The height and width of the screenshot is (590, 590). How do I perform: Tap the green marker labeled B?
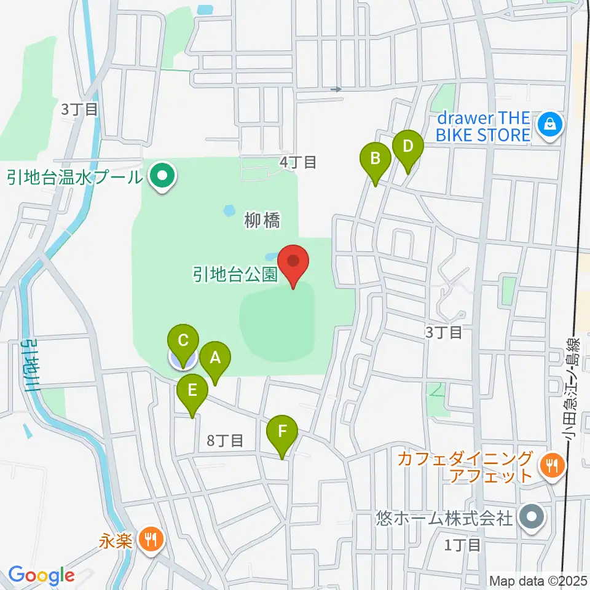(375, 160)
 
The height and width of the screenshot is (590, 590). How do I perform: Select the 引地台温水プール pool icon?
(162, 178)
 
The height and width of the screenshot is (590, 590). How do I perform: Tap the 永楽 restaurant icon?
(151, 540)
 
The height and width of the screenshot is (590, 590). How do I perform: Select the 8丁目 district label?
(226, 440)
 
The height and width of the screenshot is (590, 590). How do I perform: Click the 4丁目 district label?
(298, 162)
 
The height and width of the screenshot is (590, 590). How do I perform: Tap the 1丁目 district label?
(462, 545)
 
